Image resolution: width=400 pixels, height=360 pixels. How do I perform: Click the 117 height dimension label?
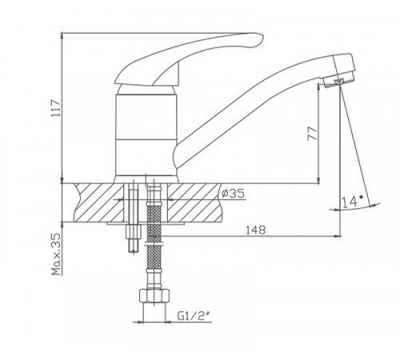click(x=56, y=108)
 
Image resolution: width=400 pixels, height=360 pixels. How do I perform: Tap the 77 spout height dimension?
click(x=313, y=134)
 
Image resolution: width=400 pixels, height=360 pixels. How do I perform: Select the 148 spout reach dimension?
click(x=255, y=230)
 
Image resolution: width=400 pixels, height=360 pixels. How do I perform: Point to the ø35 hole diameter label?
click(x=233, y=194)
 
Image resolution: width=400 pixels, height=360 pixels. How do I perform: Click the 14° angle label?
click(x=352, y=202)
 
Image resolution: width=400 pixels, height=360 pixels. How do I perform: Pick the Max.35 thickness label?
click(x=56, y=254)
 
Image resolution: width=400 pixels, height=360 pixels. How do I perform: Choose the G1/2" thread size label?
click(x=193, y=316)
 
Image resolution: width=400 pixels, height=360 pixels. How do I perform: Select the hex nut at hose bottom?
click(x=154, y=295)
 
